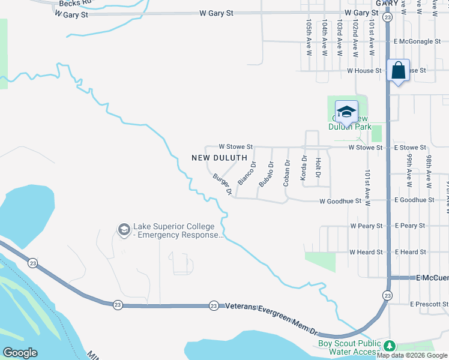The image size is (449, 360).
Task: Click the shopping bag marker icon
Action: coord(399,71)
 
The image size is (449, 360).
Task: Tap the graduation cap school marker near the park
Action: coord(346,112)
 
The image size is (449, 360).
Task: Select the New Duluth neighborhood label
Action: coord(219,158)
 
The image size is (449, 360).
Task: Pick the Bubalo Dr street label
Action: coord(266,173)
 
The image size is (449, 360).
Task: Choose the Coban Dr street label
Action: coord(287,172)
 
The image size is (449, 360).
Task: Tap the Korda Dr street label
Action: coord(304,168)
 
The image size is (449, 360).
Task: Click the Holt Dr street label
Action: coord(318,167)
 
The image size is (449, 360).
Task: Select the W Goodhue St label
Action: coord(340,202)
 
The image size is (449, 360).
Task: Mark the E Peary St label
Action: coord(409,226)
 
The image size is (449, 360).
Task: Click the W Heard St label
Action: coord(366,252)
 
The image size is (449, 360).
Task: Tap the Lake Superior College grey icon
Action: coord(124,230)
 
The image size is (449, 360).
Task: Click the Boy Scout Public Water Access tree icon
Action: coord(390,346)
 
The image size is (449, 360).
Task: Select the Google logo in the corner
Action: coord(20,353)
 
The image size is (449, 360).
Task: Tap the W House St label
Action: coord(364,70)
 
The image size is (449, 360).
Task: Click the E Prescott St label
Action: coord(429,304)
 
